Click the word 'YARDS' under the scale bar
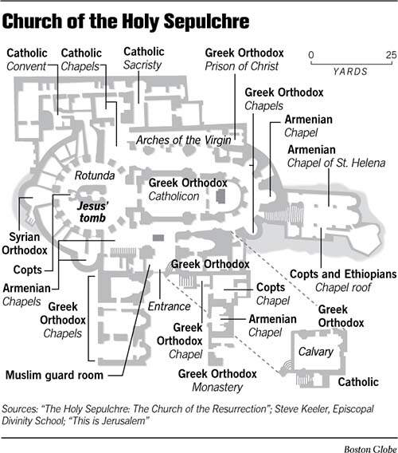click(351, 71)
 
